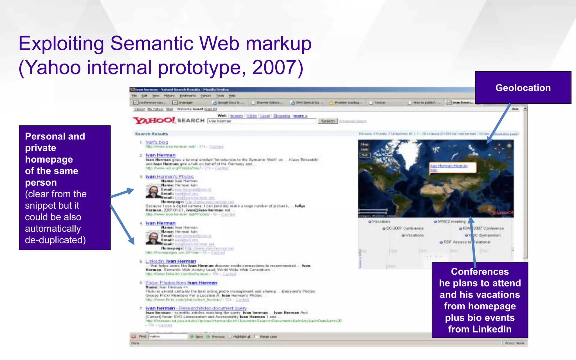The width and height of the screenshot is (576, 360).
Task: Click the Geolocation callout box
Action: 523,88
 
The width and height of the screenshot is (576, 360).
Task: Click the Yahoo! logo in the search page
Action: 154,121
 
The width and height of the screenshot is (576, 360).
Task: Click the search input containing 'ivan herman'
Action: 262,121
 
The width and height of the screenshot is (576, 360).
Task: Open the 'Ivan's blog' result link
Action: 157,142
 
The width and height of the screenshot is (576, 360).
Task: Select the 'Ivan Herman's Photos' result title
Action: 170,177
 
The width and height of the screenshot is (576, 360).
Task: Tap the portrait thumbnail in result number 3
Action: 153,192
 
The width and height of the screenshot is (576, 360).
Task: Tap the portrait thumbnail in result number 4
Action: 153,238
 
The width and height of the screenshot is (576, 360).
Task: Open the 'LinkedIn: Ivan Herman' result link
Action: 170,261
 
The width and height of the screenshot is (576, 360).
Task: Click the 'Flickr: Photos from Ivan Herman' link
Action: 181,283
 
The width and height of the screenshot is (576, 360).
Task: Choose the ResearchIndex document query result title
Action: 196,308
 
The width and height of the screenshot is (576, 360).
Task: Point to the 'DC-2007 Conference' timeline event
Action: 404,228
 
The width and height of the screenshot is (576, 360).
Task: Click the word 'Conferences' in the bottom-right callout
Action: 480,272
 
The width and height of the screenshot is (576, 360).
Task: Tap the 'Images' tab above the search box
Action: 236,116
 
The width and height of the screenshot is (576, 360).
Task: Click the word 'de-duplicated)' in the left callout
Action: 55,240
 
